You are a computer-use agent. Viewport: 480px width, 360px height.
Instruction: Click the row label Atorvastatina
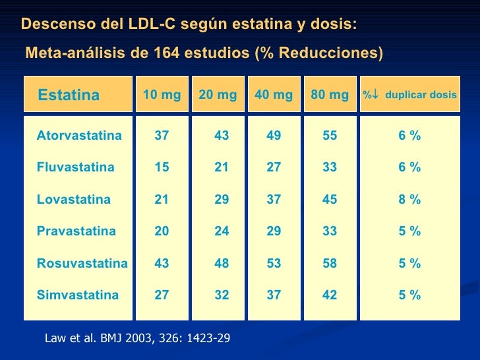pyautogui.click(x=79, y=136)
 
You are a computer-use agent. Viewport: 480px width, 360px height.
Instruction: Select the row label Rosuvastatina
pyautogui.click(x=82, y=264)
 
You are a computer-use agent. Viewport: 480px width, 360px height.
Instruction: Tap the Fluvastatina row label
pyautogui.click(x=75, y=167)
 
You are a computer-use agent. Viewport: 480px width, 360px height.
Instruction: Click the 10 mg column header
pyautogui.click(x=162, y=95)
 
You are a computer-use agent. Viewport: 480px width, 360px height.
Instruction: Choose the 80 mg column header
pyautogui.click(x=330, y=95)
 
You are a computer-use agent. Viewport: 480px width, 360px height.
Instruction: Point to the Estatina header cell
pyautogui.click(x=69, y=96)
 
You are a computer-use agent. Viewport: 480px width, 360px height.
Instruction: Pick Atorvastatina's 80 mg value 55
pyautogui.click(x=330, y=136)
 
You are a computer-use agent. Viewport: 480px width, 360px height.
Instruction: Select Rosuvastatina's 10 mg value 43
pyautogui.click(x=162, y=264)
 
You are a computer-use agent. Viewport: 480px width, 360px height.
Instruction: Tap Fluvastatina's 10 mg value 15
pyautogui.click(x=162, y=167)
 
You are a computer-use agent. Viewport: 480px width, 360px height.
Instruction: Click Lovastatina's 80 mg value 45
pyautogui.click(x=330, y=200)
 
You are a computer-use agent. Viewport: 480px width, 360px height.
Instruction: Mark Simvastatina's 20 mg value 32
pyautogui.click(x=222, y=295)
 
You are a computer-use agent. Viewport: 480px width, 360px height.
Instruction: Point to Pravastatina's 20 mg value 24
pyautogui.click(x=222, y=231)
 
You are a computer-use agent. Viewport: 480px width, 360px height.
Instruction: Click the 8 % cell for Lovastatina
pyautogui.click(x=409, y=200)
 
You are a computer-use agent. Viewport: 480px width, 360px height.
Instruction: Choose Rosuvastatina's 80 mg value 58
pyautogui.click(x=330, y=264)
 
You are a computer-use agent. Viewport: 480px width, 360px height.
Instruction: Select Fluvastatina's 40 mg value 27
pyautogui.click(x=274, y=167)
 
